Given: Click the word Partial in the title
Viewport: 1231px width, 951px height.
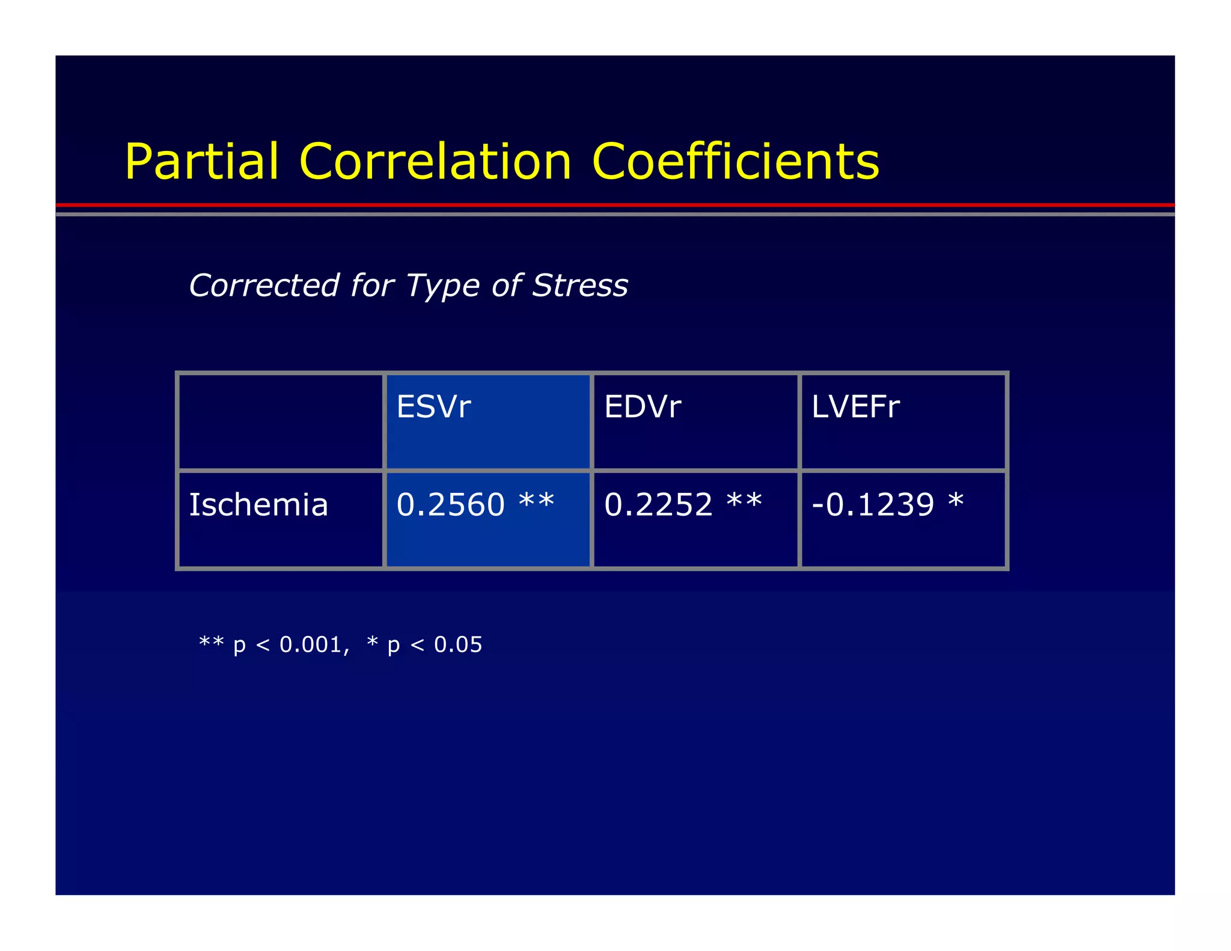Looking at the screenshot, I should point(202,162).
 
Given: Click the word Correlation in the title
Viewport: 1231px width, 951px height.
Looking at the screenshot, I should point(435,162).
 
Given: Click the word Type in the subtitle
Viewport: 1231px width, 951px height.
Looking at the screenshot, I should point(444,286).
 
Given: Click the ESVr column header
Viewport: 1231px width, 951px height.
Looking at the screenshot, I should point(433,407).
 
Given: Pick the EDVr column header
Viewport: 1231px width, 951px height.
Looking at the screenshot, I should point(642,407).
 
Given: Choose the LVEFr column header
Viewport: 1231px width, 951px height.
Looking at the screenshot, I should point(855,407).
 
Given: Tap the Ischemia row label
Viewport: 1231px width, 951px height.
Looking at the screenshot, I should point(258,504).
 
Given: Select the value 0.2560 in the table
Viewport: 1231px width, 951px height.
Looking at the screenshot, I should point(450,504).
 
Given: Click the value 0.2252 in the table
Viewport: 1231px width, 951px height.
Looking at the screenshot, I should point(658,504).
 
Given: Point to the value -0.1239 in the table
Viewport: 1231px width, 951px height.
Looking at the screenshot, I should point(873,504).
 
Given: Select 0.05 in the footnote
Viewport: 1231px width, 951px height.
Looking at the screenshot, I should point(458,644).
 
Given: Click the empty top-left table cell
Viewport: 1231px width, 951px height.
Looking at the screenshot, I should point(281,421).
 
